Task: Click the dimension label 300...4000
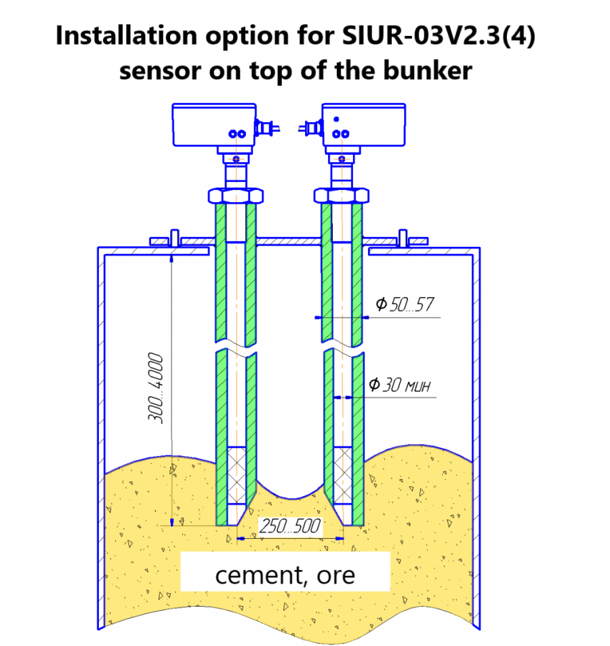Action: pyautogui.click(x=156, y=388)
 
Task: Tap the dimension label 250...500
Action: pyautogui.click(x=290, y=526)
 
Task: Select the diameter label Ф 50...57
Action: pyautogui.click(x=404, y=305)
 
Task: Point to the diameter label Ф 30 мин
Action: pyautogui.click(x=400, y=385)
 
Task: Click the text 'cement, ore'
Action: pyautogui.click(x=285, y=575)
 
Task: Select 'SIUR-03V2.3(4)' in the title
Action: pyautogui.click(x=439, y=36)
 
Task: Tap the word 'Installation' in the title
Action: pyautogui.click(x=127, y=35)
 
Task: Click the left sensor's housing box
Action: pyautogui.click(x=214, y=125)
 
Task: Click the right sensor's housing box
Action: pyautogui.click(x=363, y=125)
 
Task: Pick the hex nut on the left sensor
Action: pyautogui.click(x=236, y=195)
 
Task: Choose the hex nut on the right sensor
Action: pyautogui.click(x=341, y=195)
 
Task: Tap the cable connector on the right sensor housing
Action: pyautogui.click(x=311, y=128)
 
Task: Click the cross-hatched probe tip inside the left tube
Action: pyautogui.click(x=237, y=476)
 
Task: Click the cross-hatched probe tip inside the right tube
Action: pyautogui.click(x=342, y=476)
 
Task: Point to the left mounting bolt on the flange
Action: pyautogui.click(x=174, y=238)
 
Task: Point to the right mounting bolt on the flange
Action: pyautogui.click(x=403, y=238)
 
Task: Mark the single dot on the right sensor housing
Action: pyautogui.click(x=336, y=119)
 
